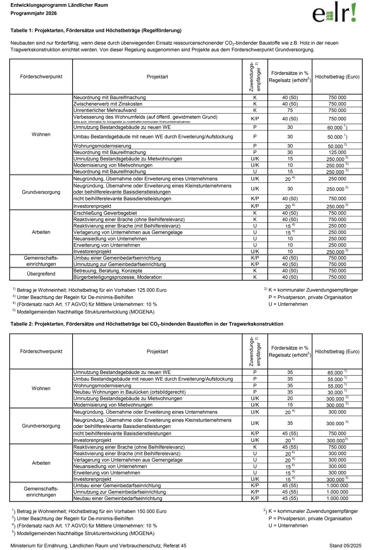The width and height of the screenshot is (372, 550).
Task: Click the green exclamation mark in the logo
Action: click(354, 12)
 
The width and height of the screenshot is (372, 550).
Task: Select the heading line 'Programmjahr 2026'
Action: click(34, 13)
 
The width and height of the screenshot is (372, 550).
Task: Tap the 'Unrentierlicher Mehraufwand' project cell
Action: click(105, 110)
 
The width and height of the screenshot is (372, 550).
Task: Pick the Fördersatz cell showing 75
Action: click(290, 110)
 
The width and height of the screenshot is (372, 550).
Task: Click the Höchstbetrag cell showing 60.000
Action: click(337, 128)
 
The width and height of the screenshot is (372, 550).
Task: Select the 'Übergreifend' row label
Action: click(41, 274)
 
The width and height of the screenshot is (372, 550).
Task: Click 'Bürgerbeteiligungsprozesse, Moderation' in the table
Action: click(117, 277)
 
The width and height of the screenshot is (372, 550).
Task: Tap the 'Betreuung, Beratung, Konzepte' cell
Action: click(108, 271)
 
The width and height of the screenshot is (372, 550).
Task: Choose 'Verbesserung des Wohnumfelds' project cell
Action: click(145, 117)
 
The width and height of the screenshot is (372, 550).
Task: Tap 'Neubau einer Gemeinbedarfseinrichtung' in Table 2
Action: click(118, 498)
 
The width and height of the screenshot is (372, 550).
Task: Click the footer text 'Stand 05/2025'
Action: click(345, 538)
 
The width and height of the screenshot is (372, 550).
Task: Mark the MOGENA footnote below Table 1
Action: click(85, 312)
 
